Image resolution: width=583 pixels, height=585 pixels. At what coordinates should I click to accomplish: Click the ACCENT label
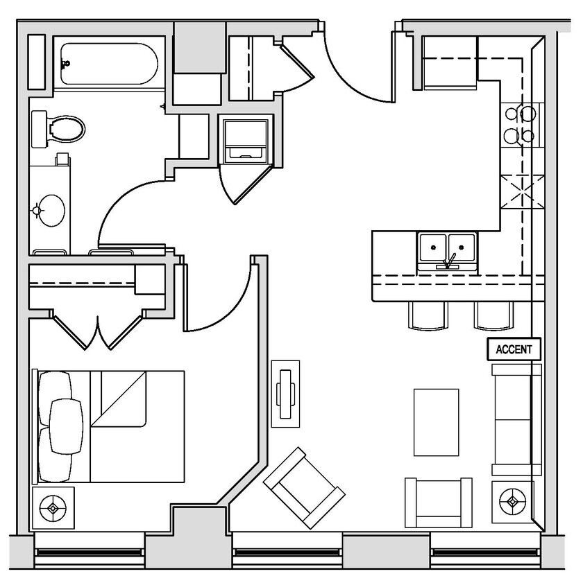514,349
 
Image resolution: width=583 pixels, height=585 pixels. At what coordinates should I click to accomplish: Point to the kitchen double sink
447,250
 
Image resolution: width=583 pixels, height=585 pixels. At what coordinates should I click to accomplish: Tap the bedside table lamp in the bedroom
53,508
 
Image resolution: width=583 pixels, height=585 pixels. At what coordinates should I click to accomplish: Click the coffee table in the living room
436,422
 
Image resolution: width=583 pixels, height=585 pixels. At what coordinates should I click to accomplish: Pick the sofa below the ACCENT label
515,419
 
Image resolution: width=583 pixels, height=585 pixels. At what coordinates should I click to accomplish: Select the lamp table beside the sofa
513,501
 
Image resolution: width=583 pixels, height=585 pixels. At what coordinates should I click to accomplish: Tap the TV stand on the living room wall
285,393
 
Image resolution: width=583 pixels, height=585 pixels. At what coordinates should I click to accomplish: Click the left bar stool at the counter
429,316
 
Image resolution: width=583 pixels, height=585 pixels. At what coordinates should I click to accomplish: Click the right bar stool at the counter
493,316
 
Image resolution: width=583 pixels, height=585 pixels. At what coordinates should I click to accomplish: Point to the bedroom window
89,551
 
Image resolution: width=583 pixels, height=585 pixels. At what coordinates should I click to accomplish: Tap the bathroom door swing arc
125,208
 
